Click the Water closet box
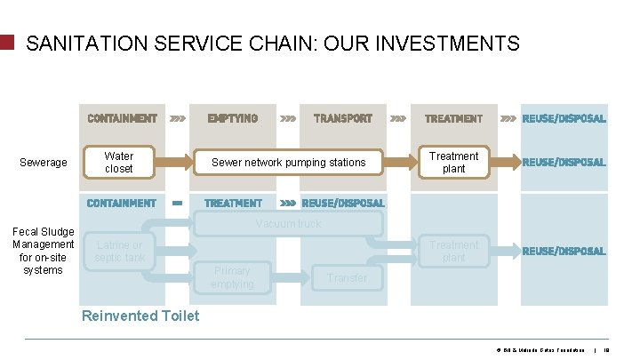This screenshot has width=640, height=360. (x=119, y=162)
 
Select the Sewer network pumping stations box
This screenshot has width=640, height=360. (x=288, y=163)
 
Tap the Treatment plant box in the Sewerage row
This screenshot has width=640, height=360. (x=453, y=162)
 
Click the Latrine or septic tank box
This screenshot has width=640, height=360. (x=120, y=252)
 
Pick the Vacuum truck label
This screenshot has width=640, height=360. (x=288, y=224)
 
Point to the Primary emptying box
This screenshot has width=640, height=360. (x=232, y=277)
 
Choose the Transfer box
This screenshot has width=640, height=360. (x=347, y=278)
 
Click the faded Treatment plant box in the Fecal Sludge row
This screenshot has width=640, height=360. (x=453, y=252)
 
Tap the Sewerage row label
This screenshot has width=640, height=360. (x=44, y=163)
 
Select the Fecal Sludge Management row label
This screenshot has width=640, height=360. (x=43, y=251)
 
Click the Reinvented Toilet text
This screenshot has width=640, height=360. (x=140, y=316)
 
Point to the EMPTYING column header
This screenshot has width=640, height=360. (x=233, y=118)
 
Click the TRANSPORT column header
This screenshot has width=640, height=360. (x=342, y=118)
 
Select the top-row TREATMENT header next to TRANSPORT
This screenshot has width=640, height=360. (x=453, y=118)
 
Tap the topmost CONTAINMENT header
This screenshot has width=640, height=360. (x=122, y=118)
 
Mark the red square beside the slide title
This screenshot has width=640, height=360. (x=8, y=43)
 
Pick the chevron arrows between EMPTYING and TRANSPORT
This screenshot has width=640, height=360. (x=289, y=118)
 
